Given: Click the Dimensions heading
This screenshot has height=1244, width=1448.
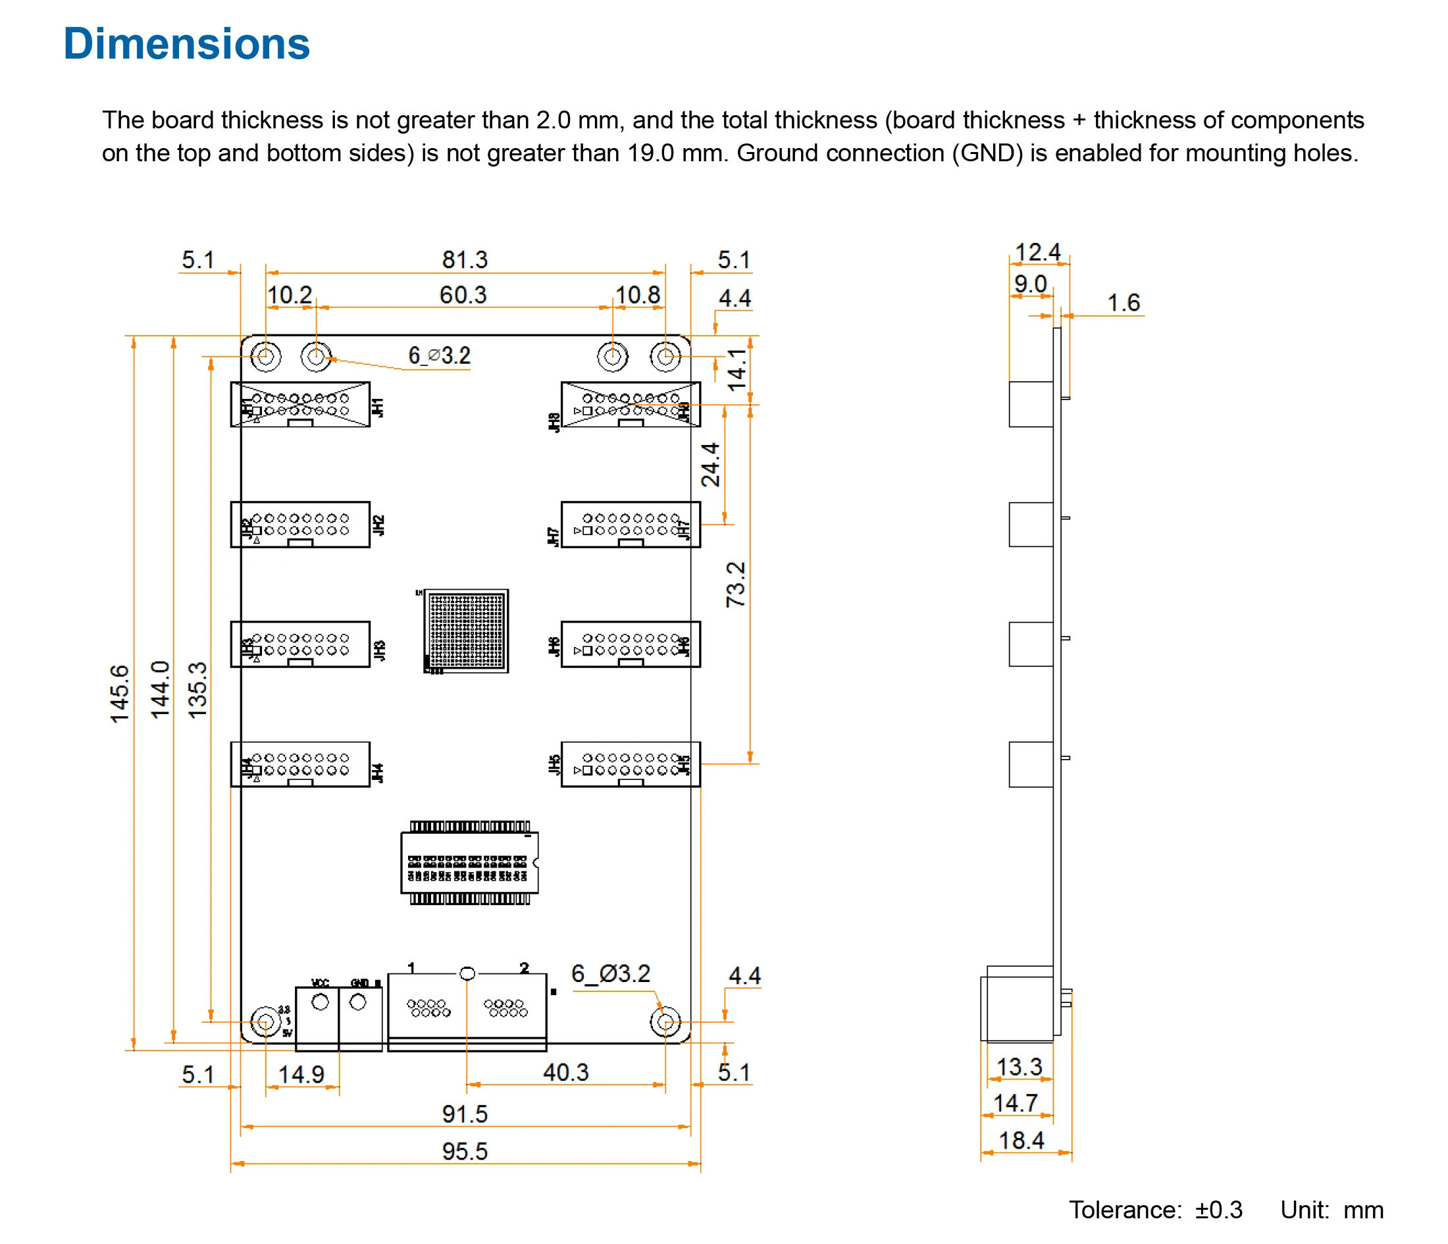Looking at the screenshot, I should [x=186, y=43].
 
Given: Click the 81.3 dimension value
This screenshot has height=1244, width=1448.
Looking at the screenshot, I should [x=465, y=260].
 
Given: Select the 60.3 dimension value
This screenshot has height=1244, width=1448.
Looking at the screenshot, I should [x=463, y=295].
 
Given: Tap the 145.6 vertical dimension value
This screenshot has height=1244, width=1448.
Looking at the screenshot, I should [x=120, y=693].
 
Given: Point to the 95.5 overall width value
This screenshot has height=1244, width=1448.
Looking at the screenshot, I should [x=465, y=1151].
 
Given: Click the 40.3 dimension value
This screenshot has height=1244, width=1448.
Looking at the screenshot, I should [x=565, y=1072].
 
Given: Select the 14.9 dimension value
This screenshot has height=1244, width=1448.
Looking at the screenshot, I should [x=301, y=1074].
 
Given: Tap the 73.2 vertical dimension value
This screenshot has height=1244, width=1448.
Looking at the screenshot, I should [x=736, y=584].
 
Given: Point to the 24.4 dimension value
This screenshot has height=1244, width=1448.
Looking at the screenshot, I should [x=710, y=465].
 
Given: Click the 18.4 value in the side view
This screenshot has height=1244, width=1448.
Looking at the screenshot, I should [x=1021, y=1141].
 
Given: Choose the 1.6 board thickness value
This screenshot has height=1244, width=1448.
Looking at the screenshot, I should [x=1123, y=303].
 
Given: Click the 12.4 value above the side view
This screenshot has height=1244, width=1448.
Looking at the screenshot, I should [x=1037, y=252].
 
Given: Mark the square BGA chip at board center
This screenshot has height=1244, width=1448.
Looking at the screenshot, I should [x=467, y=631].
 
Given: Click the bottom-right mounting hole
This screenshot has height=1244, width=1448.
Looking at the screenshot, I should [x=665, y=1022].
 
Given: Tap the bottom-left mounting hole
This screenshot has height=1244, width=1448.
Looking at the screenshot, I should [x=265, y=1022].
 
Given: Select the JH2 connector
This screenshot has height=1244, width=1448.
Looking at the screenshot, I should [x=301, y=524].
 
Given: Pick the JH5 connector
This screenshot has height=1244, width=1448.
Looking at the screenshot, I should [x=631, y=764].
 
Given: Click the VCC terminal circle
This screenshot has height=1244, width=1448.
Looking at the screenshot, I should [x=320, y=1002].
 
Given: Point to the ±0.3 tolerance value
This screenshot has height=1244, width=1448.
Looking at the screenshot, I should [x=1218, y=1210].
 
